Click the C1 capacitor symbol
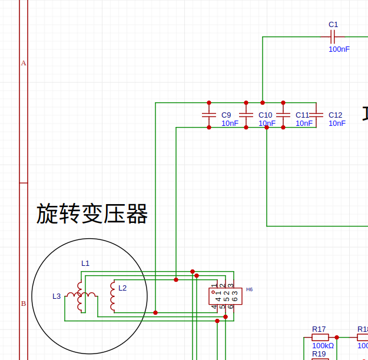[x=333, y=37]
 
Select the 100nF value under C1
[x=339, y=49]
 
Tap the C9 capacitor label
[x=226, y=115]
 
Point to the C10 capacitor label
[x=265, y=115]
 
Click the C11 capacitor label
[x=302, y=115]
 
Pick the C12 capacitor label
[x=336, y=115]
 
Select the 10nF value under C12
[x=337, y=124]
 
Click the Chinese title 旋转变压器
[x=92, y=214]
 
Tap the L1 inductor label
[x=85, y=263]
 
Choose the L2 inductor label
[x=122, y=288]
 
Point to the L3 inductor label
[x=57, y=296]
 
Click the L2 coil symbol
[x=112, y=296]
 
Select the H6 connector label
[x=250, y=289]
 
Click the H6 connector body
[x=224, y=296]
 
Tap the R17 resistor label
[x=319, y=329]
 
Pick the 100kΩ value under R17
[x=323, y=346]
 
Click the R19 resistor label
[x=319, y=354]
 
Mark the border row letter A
[x=24, y=63]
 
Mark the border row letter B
[x=24, y=304]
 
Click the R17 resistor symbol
[x=320, y=338]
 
